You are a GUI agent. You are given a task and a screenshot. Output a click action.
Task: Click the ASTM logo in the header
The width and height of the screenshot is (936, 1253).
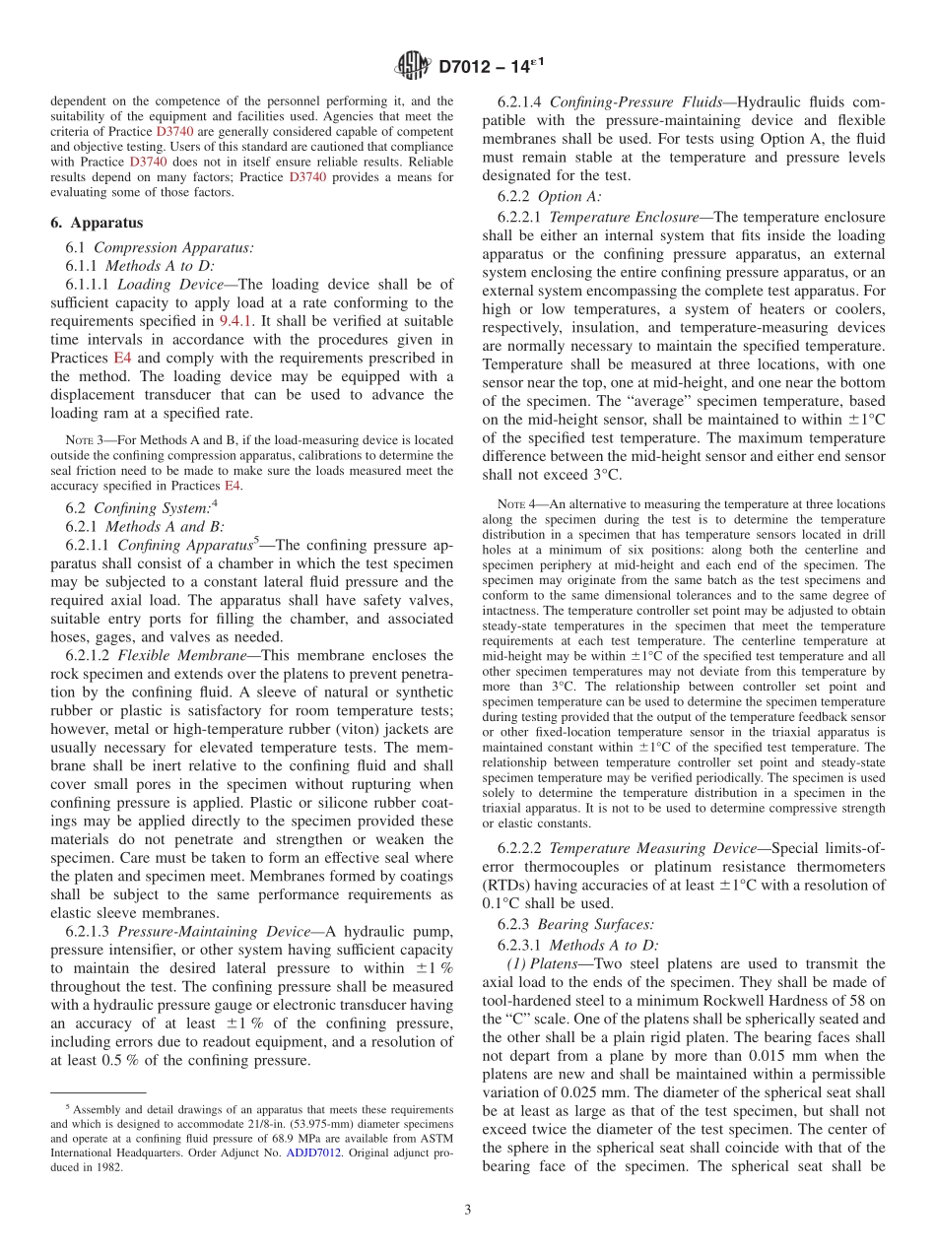pos(412,66)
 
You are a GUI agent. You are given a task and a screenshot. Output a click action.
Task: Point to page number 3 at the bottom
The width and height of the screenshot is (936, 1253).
pos(467,1209)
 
